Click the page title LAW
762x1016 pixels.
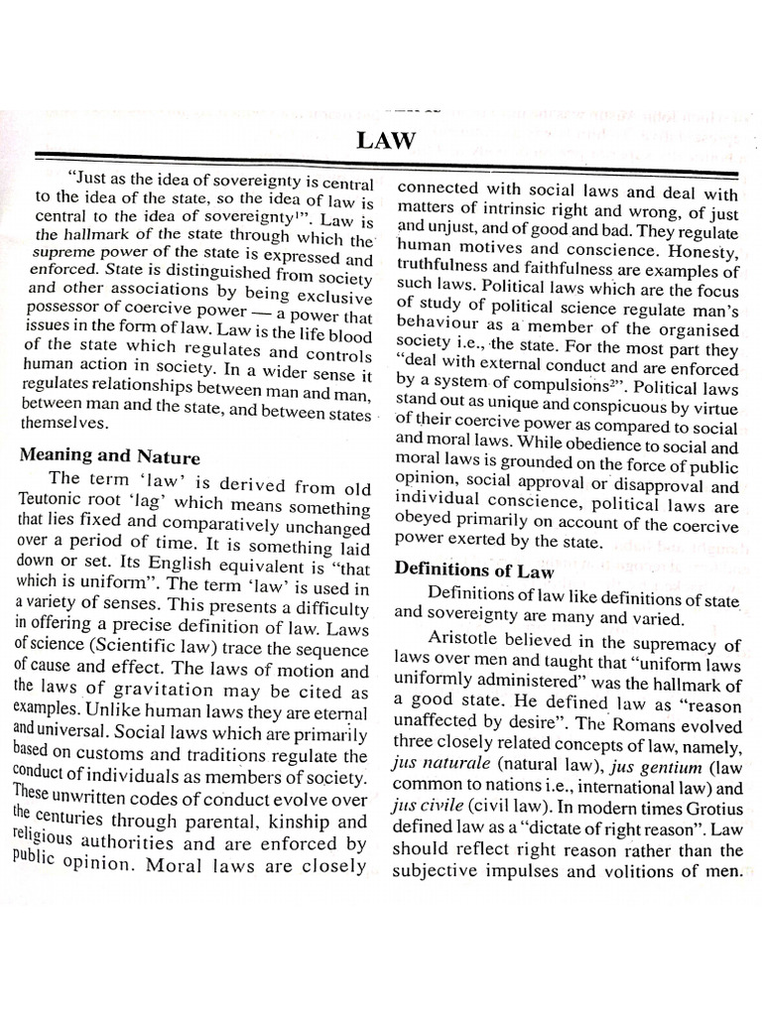click(386, 141)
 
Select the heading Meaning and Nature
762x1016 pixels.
click(110, 456)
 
